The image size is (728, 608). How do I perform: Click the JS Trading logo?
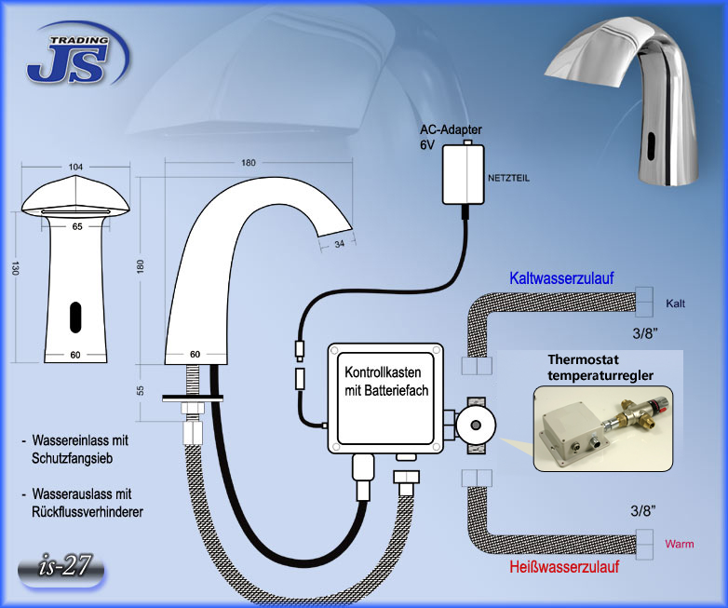click(x=77, y=55)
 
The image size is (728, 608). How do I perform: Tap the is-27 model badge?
click(x=61, y=569)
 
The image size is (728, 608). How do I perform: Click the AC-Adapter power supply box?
click(x=463, y=174)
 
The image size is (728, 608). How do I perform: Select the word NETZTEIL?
click(x=508, y=178)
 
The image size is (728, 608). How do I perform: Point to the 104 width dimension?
click(x=75, y=167)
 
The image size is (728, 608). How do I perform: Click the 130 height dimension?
click(x=15, y=268)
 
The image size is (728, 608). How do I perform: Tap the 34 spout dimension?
click(x=340, y=243)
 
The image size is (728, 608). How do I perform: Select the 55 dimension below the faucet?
click(x=141, y=390)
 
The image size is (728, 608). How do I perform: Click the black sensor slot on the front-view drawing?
click(x=75, y=318)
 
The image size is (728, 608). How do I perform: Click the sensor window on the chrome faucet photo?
click(x=651, y=144)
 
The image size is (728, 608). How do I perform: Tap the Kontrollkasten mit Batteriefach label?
click(x=386, y=382)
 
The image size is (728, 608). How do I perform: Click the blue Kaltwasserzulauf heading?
click(x=561, y=277)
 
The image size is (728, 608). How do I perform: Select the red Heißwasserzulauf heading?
click(x=564, y=567)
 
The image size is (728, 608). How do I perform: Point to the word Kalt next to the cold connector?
click(x=675, y=304)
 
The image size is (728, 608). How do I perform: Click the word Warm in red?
click(x=680, y=544)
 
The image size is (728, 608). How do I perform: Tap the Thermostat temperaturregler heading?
click(x=600, y=368)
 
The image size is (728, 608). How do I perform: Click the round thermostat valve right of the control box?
click(x=476, y=425)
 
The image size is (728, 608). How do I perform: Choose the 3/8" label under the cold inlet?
click(x=645, y=333)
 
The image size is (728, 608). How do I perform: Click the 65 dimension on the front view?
click(x=77, y=226)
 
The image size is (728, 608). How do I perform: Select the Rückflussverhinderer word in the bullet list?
click(x=88, y=512)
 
